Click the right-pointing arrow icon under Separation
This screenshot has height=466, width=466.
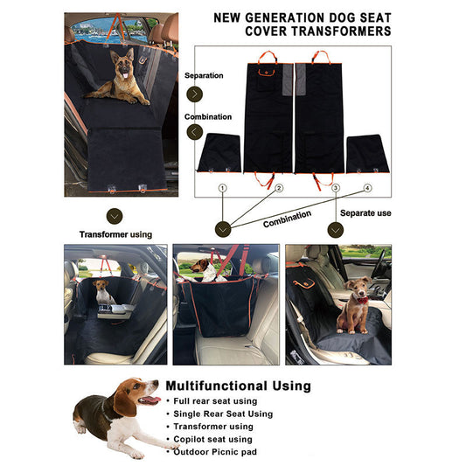[195, 94]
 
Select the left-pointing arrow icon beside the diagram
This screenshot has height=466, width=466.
[195, 132]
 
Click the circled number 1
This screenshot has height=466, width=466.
[222, 188]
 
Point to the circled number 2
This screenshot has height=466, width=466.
[279, 188]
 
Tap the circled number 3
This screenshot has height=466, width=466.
[335, 188]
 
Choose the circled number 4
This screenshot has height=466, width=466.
[367, 188]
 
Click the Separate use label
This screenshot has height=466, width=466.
[365, 213]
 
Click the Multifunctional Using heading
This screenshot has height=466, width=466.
[238, 386]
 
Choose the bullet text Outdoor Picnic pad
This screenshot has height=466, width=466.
[215, 452]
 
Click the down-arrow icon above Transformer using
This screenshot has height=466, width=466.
[114, 215]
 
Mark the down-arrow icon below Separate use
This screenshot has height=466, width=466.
[335, 229]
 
